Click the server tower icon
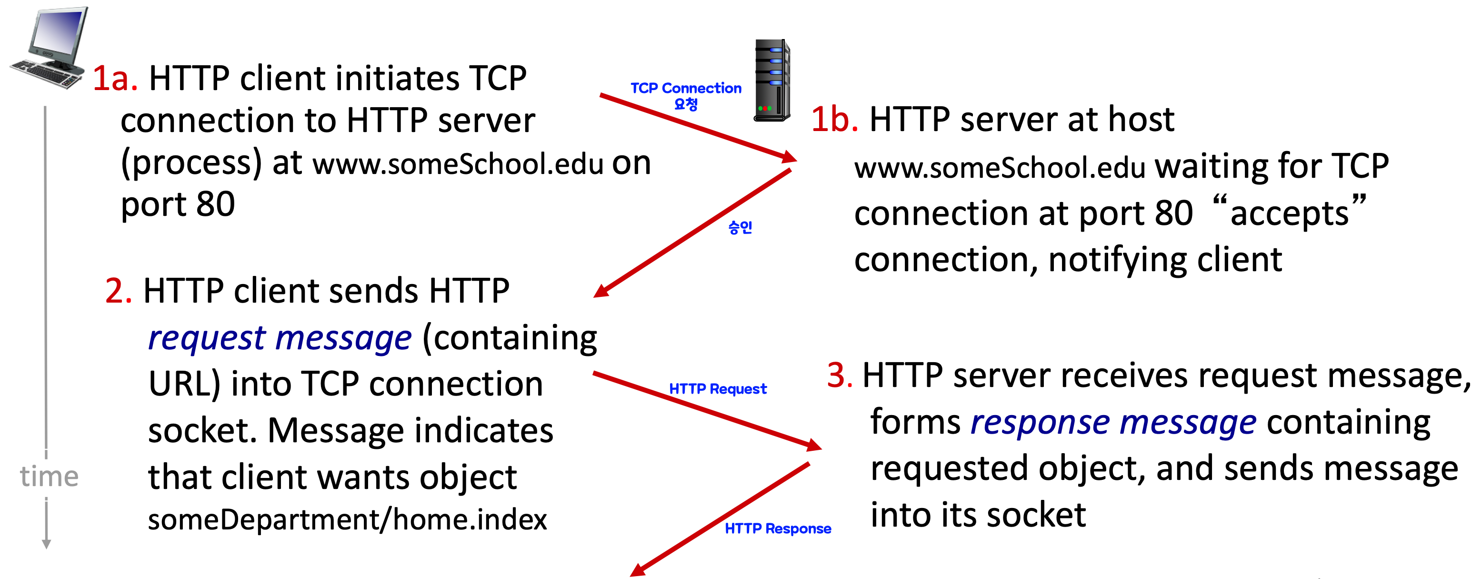771,81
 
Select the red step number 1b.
834,120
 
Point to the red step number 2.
119,291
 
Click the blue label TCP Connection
686,89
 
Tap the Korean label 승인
740,227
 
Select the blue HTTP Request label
717,389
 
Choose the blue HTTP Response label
778,528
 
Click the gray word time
49,477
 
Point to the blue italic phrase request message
280,338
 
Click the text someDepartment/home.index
347,520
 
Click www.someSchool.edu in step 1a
458,164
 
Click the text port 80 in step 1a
178,204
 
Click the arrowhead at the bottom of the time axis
47,543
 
